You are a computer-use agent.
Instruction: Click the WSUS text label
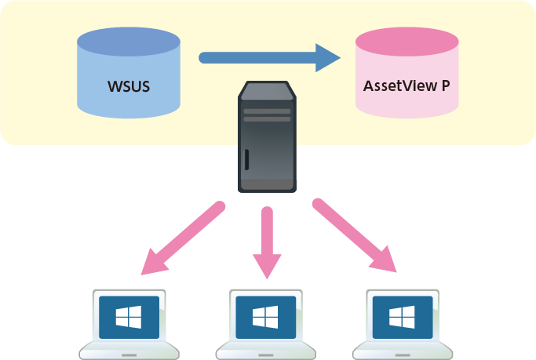coord(128,85)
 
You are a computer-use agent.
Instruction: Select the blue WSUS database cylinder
coord(128,78)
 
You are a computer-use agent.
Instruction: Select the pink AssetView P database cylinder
coord(407,78)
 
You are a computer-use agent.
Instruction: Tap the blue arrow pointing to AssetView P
coord(267,57)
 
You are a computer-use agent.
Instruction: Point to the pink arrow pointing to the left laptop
coord(181,238)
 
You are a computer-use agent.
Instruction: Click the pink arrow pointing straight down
coord(268,243)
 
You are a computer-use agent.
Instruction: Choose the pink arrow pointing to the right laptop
coord(354,236)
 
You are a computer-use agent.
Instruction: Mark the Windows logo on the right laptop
coord(403,317)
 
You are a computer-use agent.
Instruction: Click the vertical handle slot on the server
coord(246,159)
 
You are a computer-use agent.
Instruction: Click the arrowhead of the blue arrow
coord(328,57)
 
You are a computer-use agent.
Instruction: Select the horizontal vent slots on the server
coord(268,115)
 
